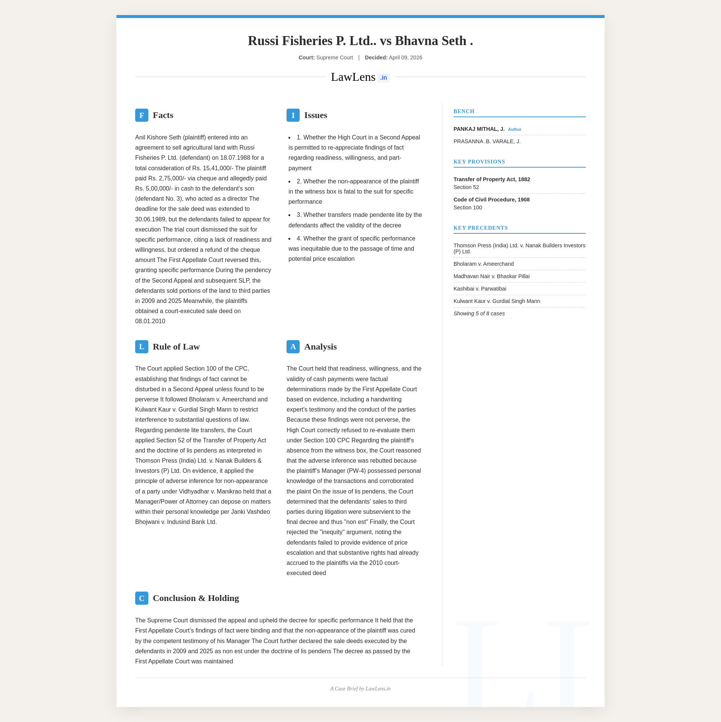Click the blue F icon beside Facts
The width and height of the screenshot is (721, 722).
[x=142, y=115]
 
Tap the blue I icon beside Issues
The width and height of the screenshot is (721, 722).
[x=293, y=115]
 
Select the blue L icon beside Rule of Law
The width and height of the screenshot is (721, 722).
[x=142, y=347]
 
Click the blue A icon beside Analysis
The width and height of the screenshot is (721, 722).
[x=293, y=347]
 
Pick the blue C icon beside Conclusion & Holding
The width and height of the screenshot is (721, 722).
[x=142, y=598]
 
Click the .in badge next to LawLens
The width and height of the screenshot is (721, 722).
[x=383, y=78]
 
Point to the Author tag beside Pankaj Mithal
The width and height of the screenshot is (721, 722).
[x=514, y=129]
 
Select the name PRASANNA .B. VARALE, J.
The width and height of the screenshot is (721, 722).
[x=487, y=141]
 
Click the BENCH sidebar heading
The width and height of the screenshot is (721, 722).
[x=464, y=111]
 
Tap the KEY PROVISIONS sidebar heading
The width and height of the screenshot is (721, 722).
[x=479, y=162]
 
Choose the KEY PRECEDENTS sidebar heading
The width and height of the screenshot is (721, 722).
[x=480, y=228]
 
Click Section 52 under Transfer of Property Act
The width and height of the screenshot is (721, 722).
[x=466, y=187]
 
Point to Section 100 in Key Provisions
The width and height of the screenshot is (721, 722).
[x=468, y=207]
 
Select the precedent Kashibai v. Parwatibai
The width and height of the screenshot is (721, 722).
[x=480, y=289]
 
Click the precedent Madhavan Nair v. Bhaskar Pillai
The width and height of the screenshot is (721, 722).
[x=491, y=276]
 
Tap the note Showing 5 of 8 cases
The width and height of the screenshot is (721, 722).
[x=479, y=313]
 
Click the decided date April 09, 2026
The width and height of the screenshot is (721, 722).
[x=405, y=58]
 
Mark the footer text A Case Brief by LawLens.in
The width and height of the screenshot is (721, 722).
[x=360, y=689]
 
